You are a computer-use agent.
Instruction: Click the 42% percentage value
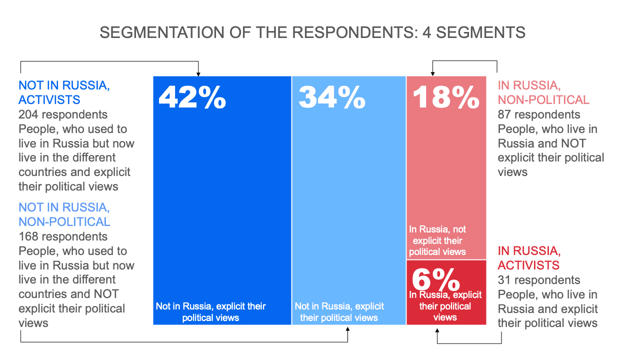pos(192,97)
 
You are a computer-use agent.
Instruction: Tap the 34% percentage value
pos(332,97)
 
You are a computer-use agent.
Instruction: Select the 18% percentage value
pos(446,97)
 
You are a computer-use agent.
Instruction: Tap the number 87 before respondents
pos(505,114)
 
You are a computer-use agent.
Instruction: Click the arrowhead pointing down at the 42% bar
pos(198,73)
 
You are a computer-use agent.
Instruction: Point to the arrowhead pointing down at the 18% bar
pos(433,73)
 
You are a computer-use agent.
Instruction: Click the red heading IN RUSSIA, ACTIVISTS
pos(529,257)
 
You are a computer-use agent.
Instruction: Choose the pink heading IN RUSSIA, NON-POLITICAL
pos(543,92)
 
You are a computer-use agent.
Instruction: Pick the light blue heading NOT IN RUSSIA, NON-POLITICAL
pos(64,214)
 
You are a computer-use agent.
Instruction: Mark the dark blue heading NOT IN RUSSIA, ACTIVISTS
pos(64,92)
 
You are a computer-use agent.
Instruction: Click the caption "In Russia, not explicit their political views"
pos(437,240)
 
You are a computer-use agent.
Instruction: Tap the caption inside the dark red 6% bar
pos(445,306)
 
